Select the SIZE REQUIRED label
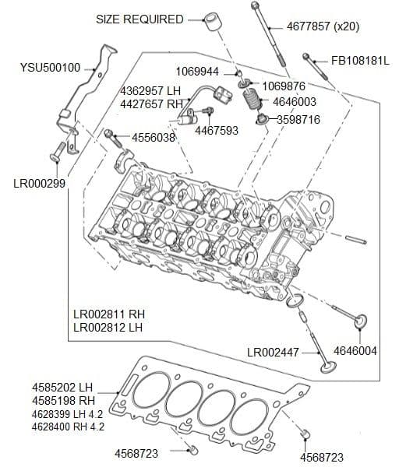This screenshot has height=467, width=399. pyautogui.click(x=139, y=19)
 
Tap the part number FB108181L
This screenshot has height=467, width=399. pyautogui.click(x=360, y=59)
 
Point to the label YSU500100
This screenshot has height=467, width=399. pyautogui.click(x=50, y=68)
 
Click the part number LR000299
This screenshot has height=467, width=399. pyautogui.click(x=40, y=183)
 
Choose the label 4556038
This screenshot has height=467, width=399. pyautogui.click(x=153, y=138)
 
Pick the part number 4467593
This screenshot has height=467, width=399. pyautogui.click(x=217, y=131)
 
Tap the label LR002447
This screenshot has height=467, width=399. pyautogui.click(x=273, y=353)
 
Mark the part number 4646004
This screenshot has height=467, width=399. pyautogui.click(x=355, y=351)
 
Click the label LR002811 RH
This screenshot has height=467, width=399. pyautogui.click(x=109, y=314)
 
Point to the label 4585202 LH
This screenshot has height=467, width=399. pyautogui.click(x=62, y=386)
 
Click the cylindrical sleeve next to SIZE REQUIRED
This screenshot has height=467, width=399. pyautogui.click(x=210, y=21)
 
